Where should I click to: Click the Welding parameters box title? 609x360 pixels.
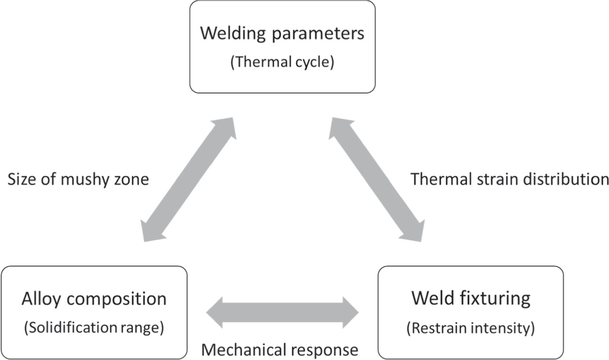point(282,34)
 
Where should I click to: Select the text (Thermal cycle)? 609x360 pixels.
point(282,62)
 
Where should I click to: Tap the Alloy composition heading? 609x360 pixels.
point(94,299)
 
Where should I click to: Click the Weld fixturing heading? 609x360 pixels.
point(471,298)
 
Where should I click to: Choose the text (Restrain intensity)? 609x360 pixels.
point(471,328)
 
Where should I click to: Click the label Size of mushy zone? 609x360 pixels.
point(78,179)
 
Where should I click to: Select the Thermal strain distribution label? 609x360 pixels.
point(510,179)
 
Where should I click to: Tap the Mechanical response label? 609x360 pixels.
point(279,349)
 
